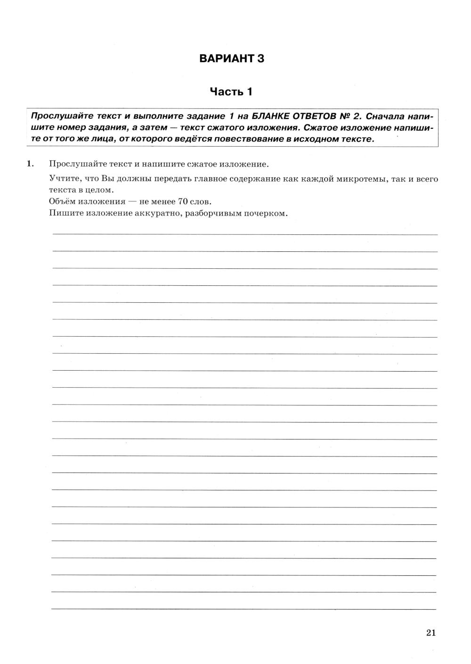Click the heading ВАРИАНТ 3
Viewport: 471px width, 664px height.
tap(231, 59)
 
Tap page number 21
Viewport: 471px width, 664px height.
tap(431, 633)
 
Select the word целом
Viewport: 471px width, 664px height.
tap(102, 190)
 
